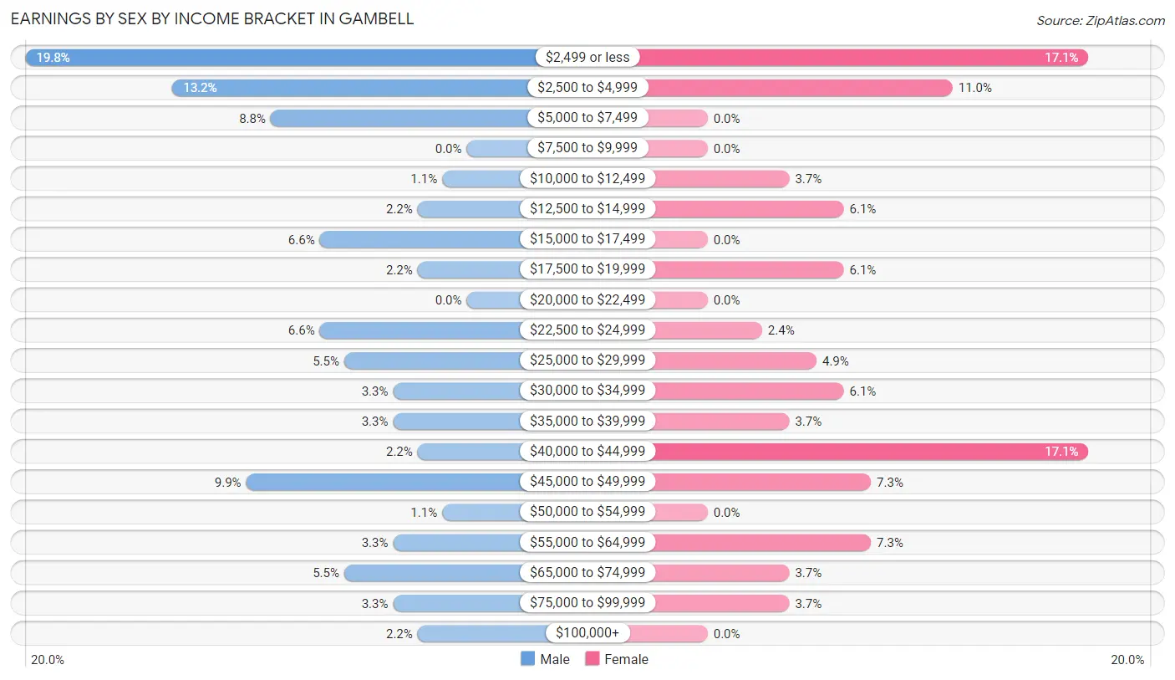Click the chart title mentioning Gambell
pos(212,18)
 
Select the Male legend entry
pos(545,659)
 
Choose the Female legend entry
pos(617,659)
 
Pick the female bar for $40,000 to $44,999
pos(869,452)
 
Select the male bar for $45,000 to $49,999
pos(384,482)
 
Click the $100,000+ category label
pos(587,633)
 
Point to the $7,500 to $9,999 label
pos(587,148)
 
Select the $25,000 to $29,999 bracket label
pos(587,360)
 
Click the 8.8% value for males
pos(252,119)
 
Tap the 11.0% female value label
pos(974,88)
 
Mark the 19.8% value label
pos(52,58)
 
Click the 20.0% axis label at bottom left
pos(48,660)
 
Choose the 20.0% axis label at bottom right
pos(1127,660)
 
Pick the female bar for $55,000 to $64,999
pos(760,542)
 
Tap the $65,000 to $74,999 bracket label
pos(587,573)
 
